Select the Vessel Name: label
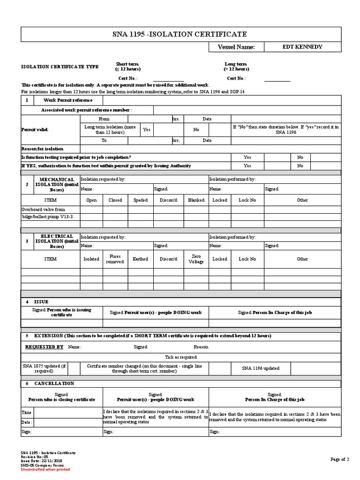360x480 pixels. (x=236, y=47)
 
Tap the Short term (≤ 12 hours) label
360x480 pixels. (x=127, y=67)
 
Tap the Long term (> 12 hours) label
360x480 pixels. (x=236, y=67)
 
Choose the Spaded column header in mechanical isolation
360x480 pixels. (x=140, y=200)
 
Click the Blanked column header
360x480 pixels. (x=196, y=200)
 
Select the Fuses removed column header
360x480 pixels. (x=115, y=259)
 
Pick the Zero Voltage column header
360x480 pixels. (x=196, y=259)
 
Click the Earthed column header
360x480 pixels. (x=140, y=259)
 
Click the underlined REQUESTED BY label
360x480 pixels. (x=44, y=347)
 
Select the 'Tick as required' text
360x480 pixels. (x=180, y=357)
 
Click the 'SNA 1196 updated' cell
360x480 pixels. (x=261, y=368)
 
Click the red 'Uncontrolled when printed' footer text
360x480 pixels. (x=45, y=469)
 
